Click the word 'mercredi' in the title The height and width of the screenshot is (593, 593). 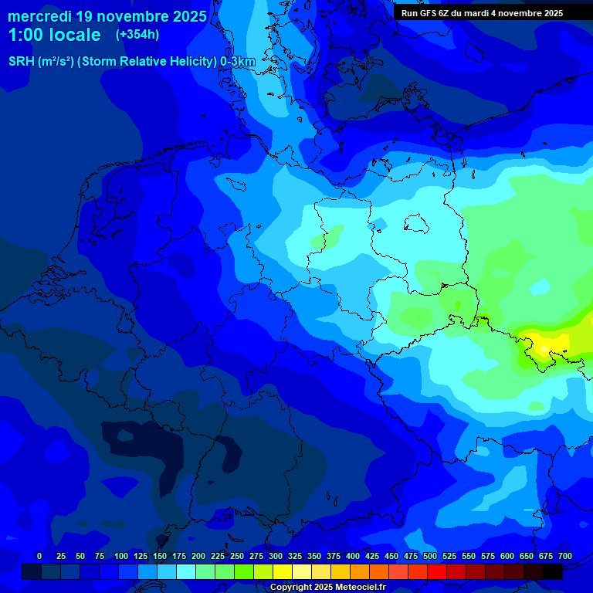point(39,16)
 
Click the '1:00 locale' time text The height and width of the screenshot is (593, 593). point(54,35)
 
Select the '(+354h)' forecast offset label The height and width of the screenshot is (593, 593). point(137,35)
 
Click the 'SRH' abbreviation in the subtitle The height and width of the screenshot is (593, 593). point(22,62)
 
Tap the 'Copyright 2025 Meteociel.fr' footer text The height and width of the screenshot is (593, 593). point(327,588)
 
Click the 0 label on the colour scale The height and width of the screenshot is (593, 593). point(39,556)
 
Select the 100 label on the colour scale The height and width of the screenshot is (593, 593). point(121,556)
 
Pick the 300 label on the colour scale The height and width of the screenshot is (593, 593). point(276,556)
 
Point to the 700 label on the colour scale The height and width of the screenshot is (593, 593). point(565,556)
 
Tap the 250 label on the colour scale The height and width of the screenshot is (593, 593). point(237,556)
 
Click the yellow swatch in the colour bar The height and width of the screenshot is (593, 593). point(283,572)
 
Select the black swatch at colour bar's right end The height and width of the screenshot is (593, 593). point(553,572)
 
